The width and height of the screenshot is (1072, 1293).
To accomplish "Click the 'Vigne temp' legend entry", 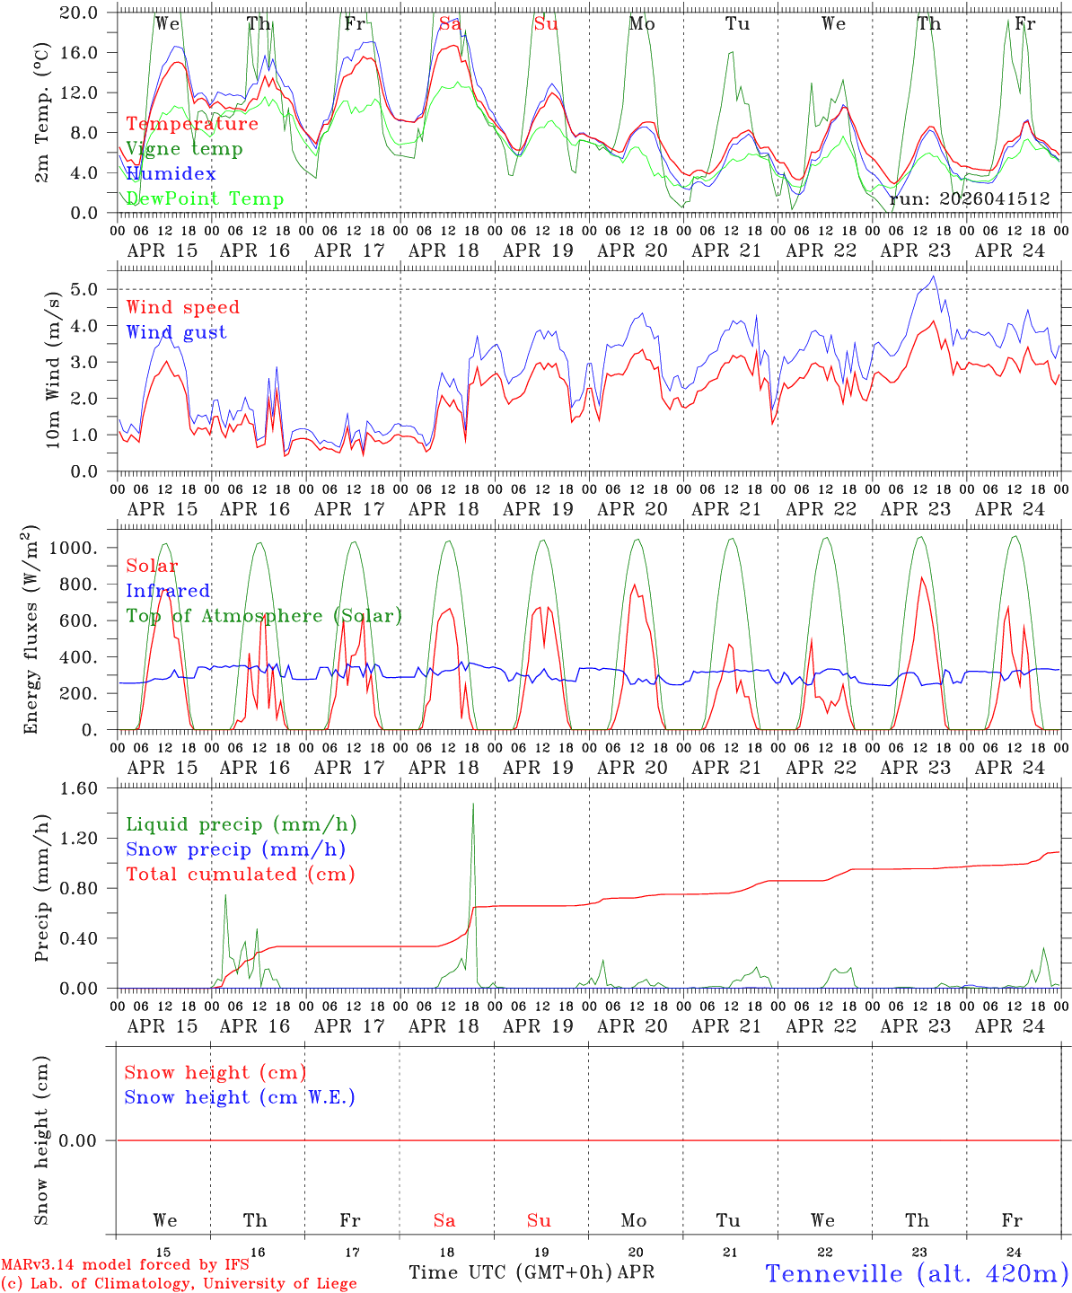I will coord(184,149).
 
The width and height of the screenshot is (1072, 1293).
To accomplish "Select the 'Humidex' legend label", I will coord(171,174).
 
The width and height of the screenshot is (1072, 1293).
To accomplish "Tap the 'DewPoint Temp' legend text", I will coord(205,199).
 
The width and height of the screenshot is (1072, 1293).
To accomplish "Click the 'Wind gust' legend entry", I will coord(176,332).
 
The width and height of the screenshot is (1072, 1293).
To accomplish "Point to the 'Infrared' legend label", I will coord(168,591).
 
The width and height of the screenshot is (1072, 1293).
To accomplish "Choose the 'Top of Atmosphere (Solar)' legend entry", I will coord(264,616).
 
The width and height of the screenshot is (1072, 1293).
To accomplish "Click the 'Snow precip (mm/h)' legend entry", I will coord(235,849).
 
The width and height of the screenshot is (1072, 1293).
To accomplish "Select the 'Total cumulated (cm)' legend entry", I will coord(240,875).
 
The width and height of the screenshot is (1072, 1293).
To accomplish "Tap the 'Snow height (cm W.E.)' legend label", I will coord(240,1097).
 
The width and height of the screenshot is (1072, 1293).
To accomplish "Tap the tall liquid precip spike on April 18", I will coord(473,805).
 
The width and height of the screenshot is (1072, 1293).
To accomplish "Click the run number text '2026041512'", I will coord(970,199).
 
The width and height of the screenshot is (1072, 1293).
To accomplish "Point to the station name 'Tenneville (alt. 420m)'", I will coord(917,1273).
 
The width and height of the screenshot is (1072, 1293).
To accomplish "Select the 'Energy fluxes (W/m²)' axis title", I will coord(32,629).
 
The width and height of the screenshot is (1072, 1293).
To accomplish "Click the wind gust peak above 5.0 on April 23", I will coord(934,277).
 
